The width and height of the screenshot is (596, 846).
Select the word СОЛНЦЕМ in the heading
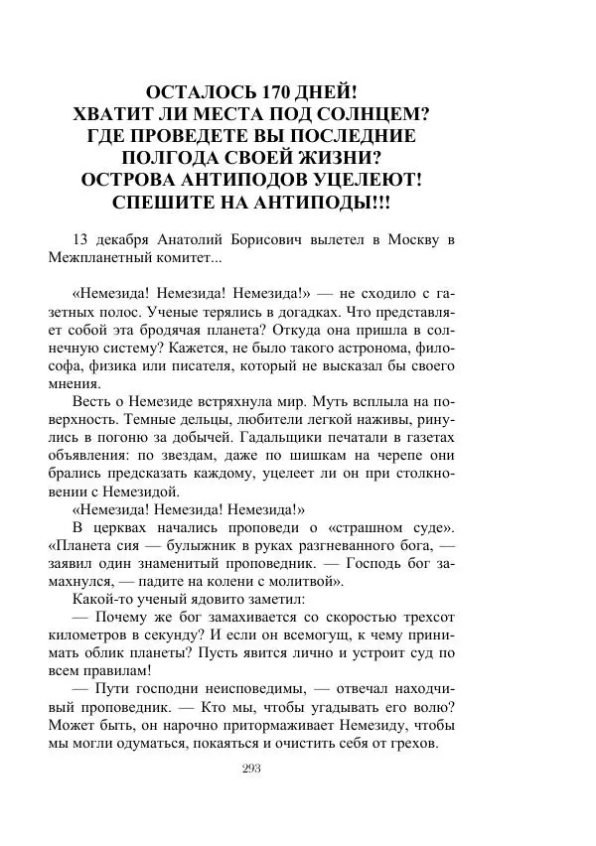[372, 114]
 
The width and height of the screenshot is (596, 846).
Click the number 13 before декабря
[81, 240]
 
